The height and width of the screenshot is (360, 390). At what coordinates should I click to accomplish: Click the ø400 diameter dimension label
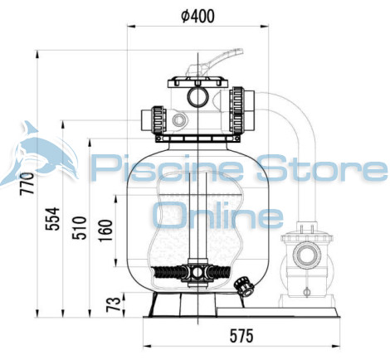point(198,15)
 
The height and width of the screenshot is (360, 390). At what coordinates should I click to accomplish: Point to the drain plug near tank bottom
point(241,286)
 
